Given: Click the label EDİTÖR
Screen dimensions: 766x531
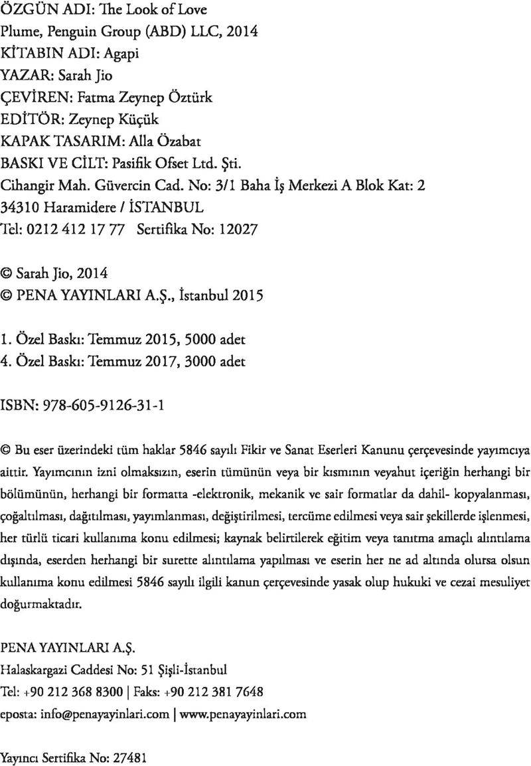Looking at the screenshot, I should click(31, 119).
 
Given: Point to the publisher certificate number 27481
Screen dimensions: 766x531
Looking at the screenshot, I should click(124, 756).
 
